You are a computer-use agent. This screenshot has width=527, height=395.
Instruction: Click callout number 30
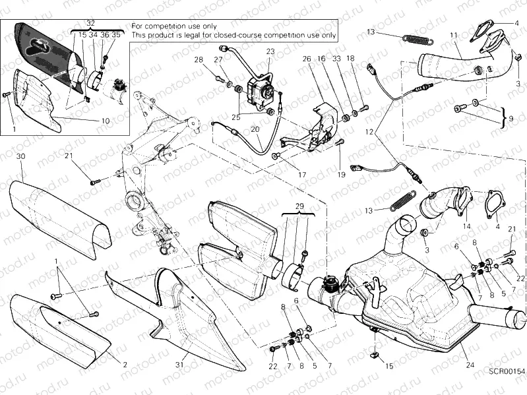tap(20, 156)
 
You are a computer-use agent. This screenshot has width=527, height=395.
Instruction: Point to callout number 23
tap(270, 51)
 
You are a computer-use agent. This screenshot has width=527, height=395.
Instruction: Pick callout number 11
tap(452, 34)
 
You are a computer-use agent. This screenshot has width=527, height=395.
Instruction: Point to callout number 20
tap(255, 130)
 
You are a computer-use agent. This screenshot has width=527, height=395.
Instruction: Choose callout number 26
tap(307, 59)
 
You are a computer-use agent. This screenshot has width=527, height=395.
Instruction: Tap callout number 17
tap(302, 175)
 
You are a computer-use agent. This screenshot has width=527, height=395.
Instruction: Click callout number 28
tap(199, 60)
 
